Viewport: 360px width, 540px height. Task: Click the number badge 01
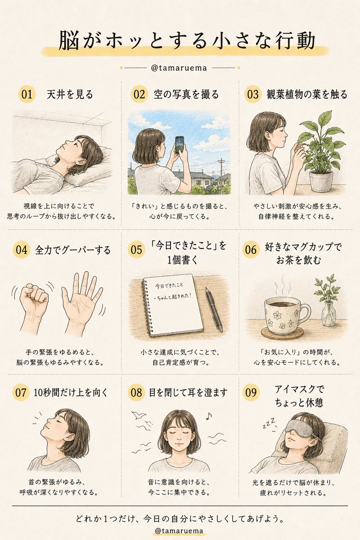click(27, 94)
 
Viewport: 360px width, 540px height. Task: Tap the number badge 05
click(136, 249)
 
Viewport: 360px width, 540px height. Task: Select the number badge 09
click(251, 392)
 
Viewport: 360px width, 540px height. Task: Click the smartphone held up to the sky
click(180, 144)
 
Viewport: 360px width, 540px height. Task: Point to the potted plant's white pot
click(321, 180)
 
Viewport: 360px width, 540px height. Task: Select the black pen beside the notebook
click(214, 309)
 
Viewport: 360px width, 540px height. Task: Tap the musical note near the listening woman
click(209, 416)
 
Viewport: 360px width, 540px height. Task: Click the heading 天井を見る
click(70, 94)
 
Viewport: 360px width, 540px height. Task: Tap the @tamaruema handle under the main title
click(179, 68)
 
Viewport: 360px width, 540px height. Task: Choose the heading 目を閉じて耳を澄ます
click(188, 393)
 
